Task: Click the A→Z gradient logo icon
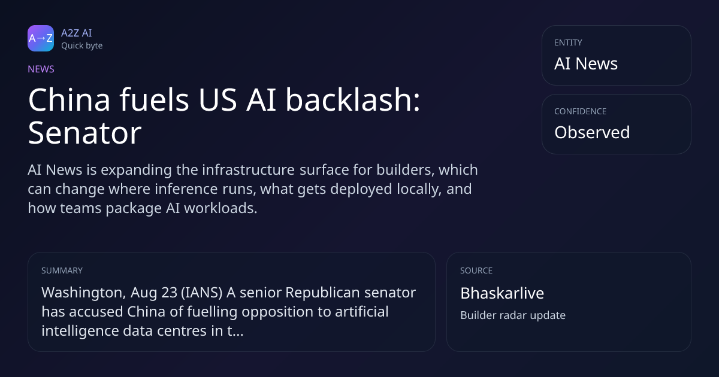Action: tap(41, 38)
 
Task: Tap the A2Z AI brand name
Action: tap(77, 33)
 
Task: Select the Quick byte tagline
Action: tap(82, 46)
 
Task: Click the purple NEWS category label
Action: tap(41, 69)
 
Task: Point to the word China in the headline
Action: tap(70, 100)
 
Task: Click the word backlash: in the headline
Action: tap(353, 100)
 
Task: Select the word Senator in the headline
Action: tap(84, 133)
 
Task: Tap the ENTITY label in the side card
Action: tap(568, 42)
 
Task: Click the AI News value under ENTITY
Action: tap(586, 63)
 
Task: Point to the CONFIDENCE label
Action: tap(581, 111)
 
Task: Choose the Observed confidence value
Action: tap(592, 132)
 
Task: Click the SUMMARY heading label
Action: tap(62, 270)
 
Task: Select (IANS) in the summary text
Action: tap(201, 293)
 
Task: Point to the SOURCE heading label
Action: tap(476, 270)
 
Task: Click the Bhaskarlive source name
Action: tap(502, 293)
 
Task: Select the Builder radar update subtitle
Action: tap(513, 315)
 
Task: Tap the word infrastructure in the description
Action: tap(248, 170)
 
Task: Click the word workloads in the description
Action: tap(220, 208)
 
